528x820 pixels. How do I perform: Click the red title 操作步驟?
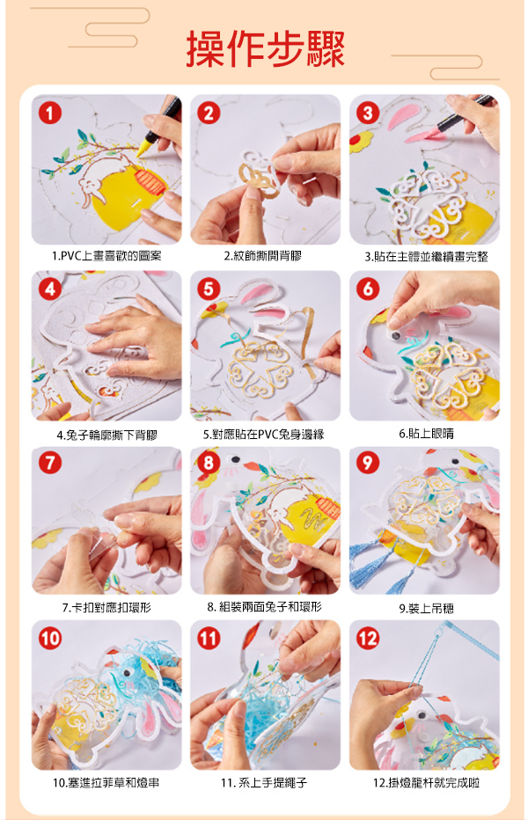pyautogui.click(x=265, y=48)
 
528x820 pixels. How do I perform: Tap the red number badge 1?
pyautogui.click(x=49, y=113)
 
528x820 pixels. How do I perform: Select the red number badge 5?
pyautogui.click(x=209, y=289)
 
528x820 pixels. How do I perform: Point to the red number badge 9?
pyautogui.click(x=368, y=463)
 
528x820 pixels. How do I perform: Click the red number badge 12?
pyautogui.click(x=368, y=639)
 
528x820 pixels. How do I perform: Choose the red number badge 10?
pyautogui.click(x=49, y=639)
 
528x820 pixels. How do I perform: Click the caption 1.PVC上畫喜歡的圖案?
pyautogui.click(x=106, y=256)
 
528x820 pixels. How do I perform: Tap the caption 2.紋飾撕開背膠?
pyautogui.click(x=263, y=256)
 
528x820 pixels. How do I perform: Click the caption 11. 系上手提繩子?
pyautogui.click(x=264, y=783)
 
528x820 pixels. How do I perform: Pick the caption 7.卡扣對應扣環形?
pyautogui.click(x=106, y=608)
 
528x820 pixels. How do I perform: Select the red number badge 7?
pyautogui.click(x=49, y=463)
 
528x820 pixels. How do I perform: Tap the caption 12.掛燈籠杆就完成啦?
pyautogui.click(x=426, y=783)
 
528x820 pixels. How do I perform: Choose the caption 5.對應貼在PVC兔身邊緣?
pyautogui.click(x=264, y=435)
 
